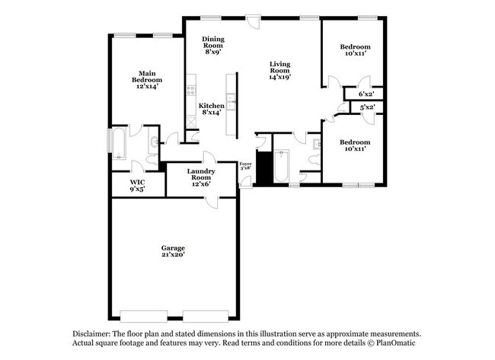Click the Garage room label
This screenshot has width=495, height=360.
tap(173, 251)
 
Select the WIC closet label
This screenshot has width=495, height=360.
tap(137, 186)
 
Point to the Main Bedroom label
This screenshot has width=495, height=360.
tap(147, 80)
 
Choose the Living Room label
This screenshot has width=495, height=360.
tap(279, 70)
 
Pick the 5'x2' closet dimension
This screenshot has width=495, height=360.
tap(367, 107)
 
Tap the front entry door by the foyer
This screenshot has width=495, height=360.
tap(245, 183)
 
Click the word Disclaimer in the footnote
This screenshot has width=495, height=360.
tap(91, 334)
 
